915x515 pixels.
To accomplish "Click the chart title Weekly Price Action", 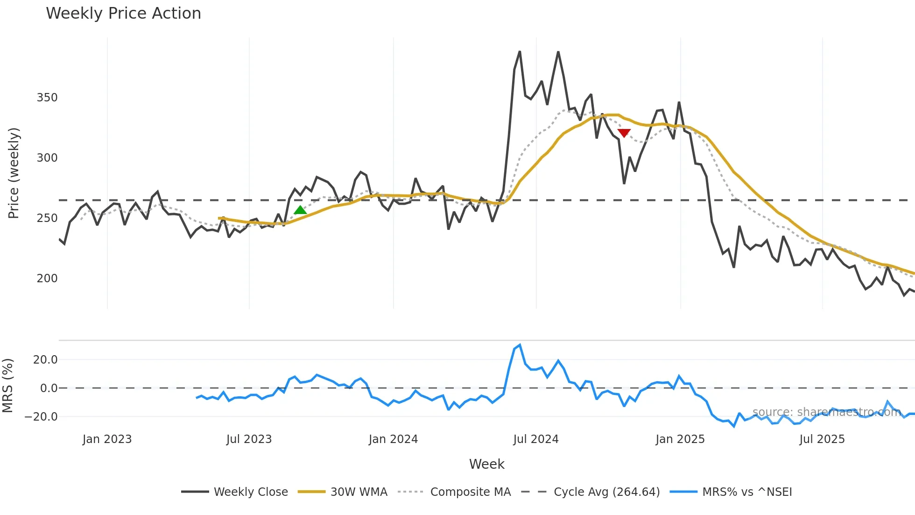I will (123, 14).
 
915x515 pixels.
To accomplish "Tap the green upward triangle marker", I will (300, 210).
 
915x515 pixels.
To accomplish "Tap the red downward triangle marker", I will (624, 133).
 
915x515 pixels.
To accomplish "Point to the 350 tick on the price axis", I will (47, 98).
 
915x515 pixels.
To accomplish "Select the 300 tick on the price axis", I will (47, 158).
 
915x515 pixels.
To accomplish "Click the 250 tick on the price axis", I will (47, 218).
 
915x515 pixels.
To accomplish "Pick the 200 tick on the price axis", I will (47, 279).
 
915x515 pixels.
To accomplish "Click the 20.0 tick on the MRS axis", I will (45, 360).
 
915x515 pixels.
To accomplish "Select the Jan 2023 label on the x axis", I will (107, 439).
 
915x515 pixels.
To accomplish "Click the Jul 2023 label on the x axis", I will (249, 439).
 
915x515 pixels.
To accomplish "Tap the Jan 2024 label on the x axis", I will (393, 439).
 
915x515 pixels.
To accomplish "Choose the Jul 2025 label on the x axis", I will (822, 439).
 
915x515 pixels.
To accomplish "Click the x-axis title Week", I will (486, 464).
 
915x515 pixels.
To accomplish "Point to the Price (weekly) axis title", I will (14, 173).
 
